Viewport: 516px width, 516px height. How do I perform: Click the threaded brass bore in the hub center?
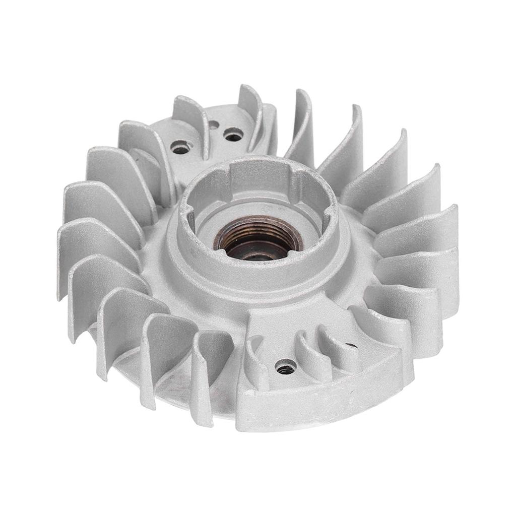[x=257, y=237]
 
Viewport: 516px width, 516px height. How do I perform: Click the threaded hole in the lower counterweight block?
[x=286, y=367]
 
